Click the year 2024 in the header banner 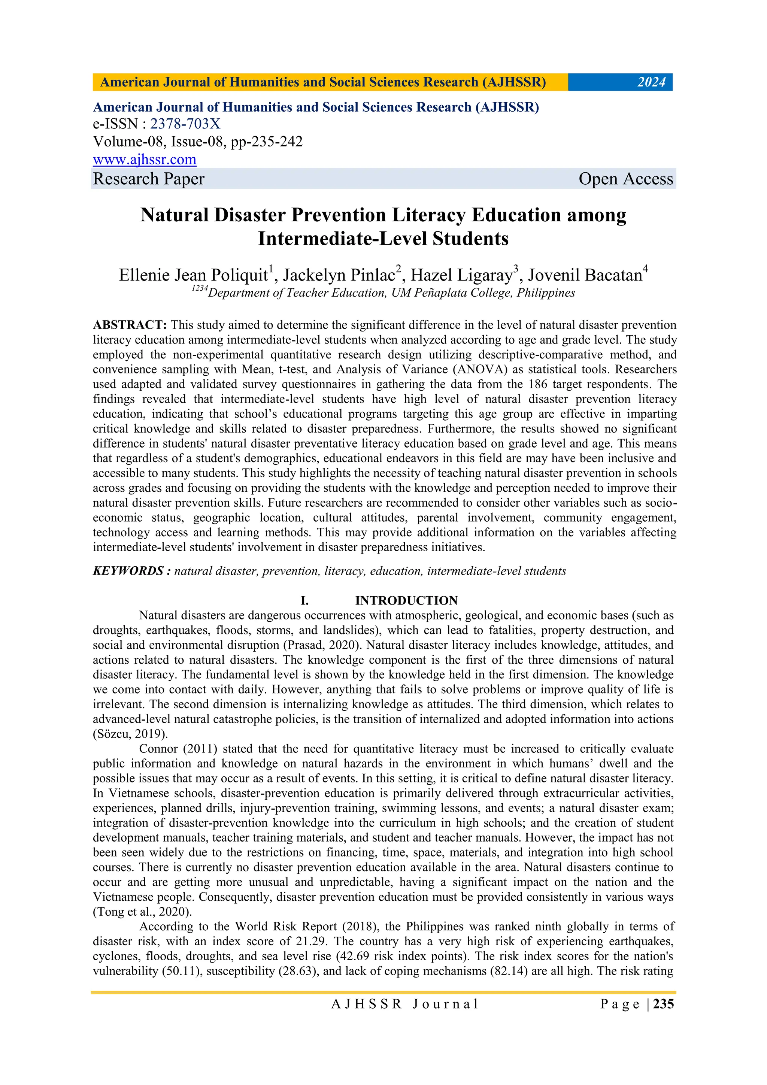click(651, 82)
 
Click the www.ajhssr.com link click(145, 160)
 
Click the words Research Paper click(148, 179)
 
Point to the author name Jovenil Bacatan click(585, 275)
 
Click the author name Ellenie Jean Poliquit click(193, 275)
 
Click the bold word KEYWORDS click(128, 571)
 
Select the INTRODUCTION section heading click(406, 601)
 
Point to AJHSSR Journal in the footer click(405, 1004)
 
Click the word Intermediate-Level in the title click(318, 239)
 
